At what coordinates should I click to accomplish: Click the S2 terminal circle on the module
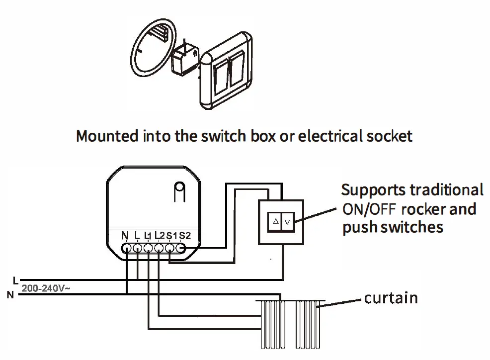tap(181, 248)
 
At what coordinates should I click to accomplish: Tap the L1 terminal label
tap(148, 235)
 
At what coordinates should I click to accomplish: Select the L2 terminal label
tap(159, 235)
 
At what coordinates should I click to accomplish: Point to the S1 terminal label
tap(170, 235)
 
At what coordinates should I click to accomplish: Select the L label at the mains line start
tap(15, 279)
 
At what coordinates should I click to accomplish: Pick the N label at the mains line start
tap(10, 295)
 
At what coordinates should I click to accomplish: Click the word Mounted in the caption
tap(107, 136)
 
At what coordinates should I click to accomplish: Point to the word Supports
tap(373, 190)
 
